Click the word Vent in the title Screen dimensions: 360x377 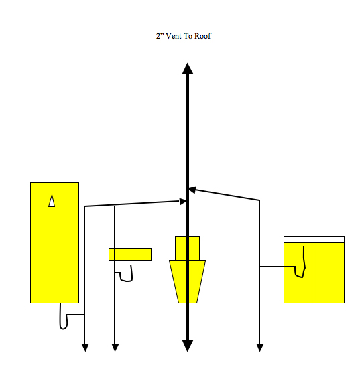pos(174,36)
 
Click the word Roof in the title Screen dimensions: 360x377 pos(202,36)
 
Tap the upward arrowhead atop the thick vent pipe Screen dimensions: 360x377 pos(188,68)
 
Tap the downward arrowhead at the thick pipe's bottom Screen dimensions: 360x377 pos(188,346)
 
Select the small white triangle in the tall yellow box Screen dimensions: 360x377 pos(52,200)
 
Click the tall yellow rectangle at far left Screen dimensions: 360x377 pos(54,242)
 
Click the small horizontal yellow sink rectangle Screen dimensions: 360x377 pos(130,254)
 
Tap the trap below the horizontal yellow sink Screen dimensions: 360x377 pos(126,274)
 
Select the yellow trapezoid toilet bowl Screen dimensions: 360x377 pos(187,282)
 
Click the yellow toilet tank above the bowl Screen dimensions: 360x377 pos(187,248)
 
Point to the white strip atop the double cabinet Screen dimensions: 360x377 pos(314,240)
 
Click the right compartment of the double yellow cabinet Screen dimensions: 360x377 pos(329,273)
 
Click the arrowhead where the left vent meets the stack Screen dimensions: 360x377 pos(182,202)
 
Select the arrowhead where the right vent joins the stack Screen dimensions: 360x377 pos(192,190)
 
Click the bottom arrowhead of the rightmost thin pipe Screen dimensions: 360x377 pos(259,348)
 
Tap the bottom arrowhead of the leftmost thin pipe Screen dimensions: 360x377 pos(85,348)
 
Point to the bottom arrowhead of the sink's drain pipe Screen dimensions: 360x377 pos(115,348)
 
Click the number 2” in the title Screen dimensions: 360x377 pos(160,36)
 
